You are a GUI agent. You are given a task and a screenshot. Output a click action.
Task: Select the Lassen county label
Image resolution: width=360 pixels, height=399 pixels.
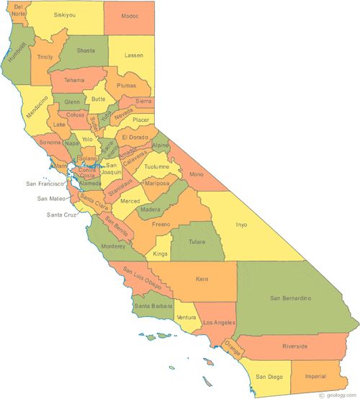click(x=134, y=55)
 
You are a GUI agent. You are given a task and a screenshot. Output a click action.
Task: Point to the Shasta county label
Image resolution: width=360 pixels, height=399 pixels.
click(x=86, y=50)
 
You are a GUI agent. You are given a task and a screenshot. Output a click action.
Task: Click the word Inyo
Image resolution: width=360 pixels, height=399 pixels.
click(x=242, y=225)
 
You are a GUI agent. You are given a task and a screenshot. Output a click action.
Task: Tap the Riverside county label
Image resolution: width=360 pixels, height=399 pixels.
click(x=294, y=346)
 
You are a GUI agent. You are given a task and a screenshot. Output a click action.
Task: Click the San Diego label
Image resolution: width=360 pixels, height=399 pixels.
click(x=269, y=376)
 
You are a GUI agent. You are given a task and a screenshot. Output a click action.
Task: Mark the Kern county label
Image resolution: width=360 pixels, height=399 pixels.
click(x=202, y=279)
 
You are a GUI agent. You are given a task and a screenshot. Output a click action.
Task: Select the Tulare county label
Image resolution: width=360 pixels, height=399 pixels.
click(x=197, y=242)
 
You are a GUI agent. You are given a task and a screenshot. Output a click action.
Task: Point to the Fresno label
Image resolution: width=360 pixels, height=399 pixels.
click(x=161, y=225)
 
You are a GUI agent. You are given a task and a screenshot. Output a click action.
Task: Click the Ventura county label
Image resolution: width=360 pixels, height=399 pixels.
click(x=186, y=318)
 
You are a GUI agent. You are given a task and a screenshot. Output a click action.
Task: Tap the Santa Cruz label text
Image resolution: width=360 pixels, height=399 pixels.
click(x=61, y=215)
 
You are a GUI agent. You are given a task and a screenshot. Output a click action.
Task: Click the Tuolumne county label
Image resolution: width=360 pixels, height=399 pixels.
click(x=156, y=166)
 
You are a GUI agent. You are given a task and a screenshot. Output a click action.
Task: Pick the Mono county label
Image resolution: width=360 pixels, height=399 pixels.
click(x=195, y=174)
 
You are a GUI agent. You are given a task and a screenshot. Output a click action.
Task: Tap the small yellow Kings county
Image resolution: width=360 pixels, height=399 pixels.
click(x=160, y=254)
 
